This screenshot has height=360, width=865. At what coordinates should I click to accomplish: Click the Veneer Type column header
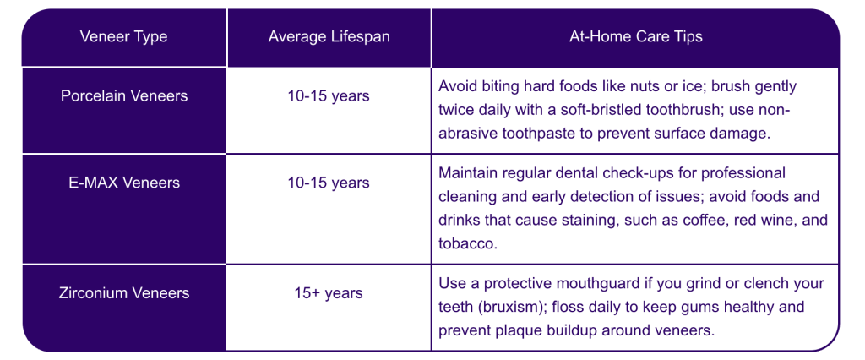click(123, 37)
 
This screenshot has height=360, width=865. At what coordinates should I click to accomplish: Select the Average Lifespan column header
click(329, 37)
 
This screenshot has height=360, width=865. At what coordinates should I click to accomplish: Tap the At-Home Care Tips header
click(635, 37)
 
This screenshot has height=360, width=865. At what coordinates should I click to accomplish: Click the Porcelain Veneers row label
click(124, 95)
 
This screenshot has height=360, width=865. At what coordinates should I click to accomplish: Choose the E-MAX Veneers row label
click(124, 183)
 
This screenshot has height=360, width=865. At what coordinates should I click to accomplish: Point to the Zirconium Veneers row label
click(124, 292)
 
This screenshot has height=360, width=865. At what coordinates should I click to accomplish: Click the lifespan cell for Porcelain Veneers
click(329, 95)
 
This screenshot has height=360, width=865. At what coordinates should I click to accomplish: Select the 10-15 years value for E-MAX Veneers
click(329, 183)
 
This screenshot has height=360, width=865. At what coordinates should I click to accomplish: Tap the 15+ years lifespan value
click(329, 292)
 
